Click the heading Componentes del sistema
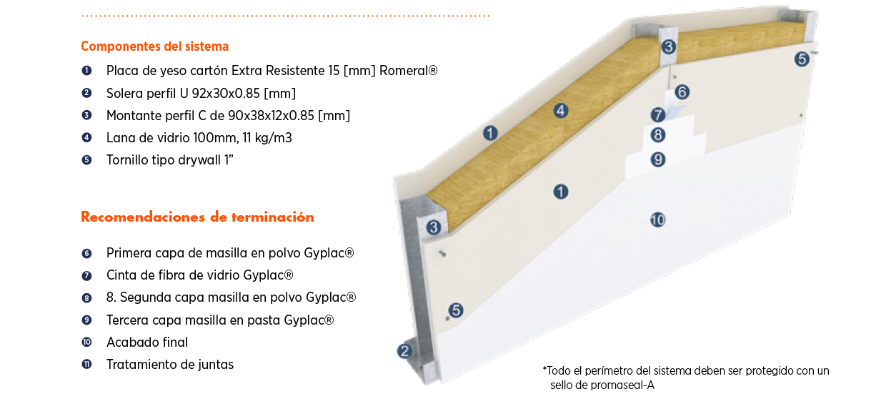154,46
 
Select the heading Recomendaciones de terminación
197,217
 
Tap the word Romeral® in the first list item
408,71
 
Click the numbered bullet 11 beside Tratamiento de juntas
86,364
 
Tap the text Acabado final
147,342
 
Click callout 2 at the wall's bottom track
404,351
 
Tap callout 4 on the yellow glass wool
561,110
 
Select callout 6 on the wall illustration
682,92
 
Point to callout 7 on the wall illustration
658,114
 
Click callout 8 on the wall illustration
658,134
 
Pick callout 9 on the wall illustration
658,159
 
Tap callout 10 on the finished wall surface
657,220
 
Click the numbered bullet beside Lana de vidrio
86,137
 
